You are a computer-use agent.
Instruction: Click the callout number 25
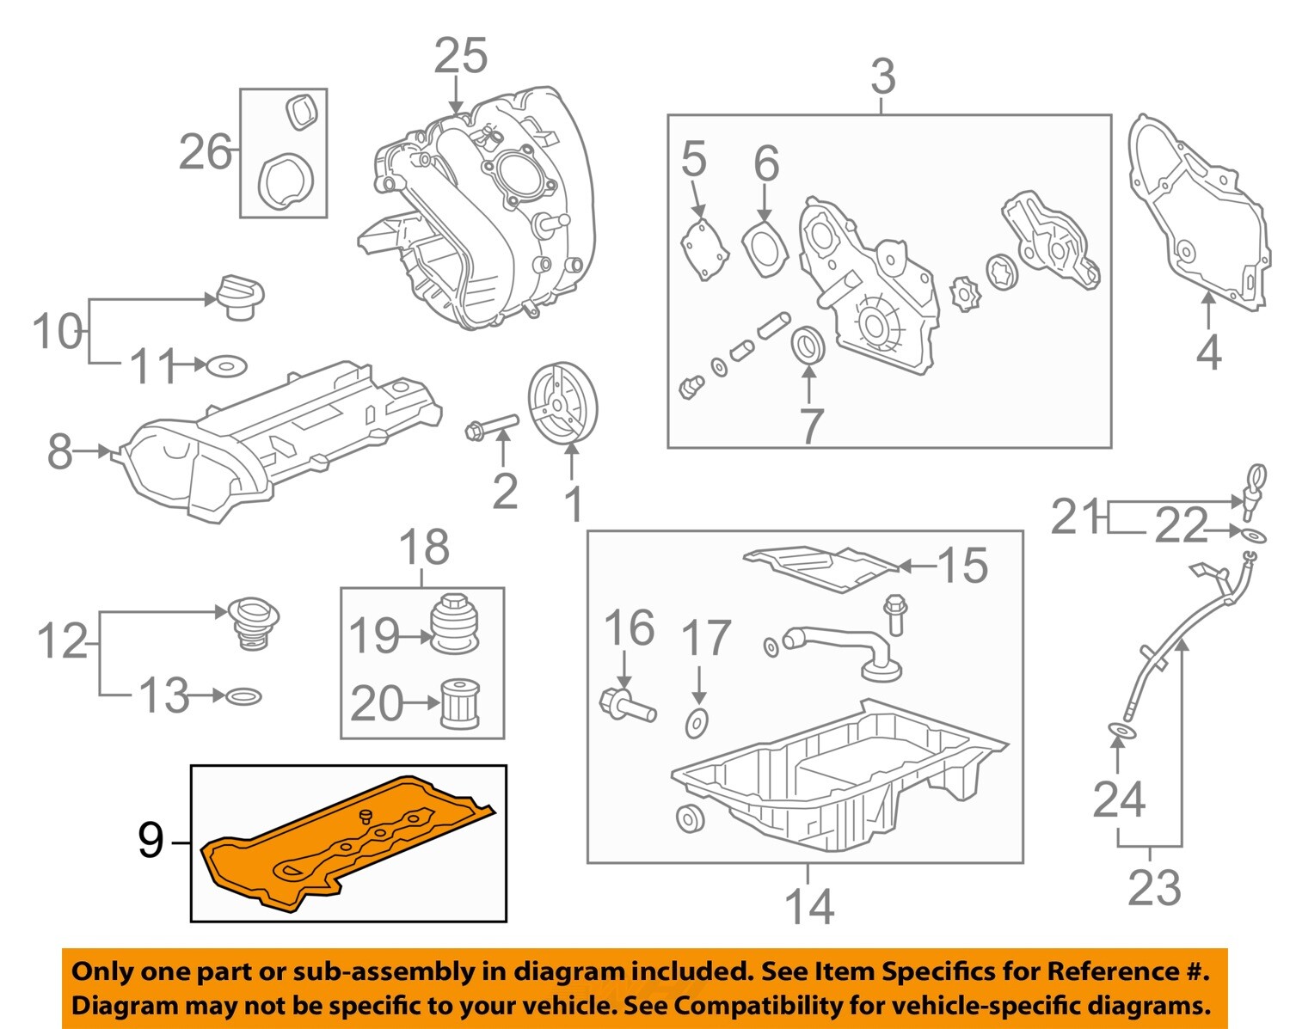click(460, 56)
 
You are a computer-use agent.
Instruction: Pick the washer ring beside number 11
click(226, 367)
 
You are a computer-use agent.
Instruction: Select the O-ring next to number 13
click(243, 695)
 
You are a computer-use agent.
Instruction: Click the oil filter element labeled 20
click(458, 705)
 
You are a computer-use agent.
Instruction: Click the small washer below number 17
click(696, 724)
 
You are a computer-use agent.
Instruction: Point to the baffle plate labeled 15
click(821, 567)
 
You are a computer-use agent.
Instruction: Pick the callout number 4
click(1208, 352)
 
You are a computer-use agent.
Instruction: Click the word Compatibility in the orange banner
click(748, 1005)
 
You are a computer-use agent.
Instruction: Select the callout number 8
click(59, 450)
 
